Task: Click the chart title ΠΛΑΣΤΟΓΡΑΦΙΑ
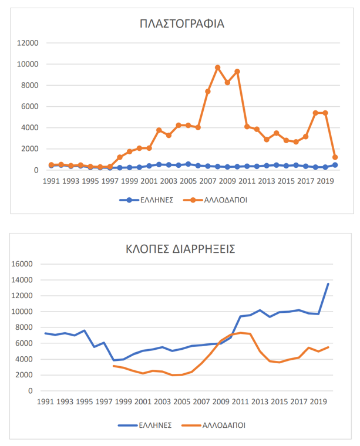point(182,24)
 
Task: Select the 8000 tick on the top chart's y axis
point(29,85)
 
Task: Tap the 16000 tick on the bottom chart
point(23,264)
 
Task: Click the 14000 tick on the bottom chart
point(23,280)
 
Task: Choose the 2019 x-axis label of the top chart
point(325,181)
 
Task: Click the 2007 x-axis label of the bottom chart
point(200,403)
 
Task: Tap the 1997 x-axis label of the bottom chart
point(103,403)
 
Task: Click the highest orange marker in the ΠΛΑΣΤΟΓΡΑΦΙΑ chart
point(217,67)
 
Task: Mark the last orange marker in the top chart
point(335,157)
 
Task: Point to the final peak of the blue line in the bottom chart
point(328,284)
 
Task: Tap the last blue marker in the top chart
point(335,165)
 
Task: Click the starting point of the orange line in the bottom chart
point(113,366)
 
